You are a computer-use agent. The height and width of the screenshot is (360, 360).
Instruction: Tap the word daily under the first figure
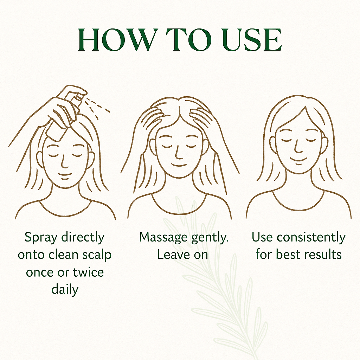coord(65,290)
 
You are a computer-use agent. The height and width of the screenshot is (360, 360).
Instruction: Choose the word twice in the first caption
coord(88,272)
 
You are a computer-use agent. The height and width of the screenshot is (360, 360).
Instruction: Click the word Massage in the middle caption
coord(163,238)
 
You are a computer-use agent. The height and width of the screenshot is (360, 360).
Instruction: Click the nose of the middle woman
coord(178,153)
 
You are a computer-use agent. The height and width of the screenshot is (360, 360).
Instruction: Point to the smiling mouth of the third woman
coord(298,160)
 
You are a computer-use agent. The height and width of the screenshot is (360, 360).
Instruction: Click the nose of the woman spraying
coord(64,161)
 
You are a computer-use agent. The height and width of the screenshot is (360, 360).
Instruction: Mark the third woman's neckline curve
coord(298,204)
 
